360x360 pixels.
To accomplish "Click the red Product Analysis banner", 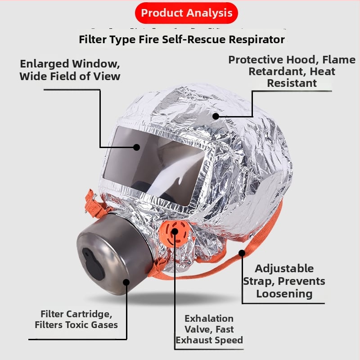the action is point(186,13).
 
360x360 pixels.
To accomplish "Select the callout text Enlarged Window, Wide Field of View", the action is point(70,70).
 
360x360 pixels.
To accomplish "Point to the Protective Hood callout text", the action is point(292,72).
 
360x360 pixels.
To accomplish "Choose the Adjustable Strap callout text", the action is point(284,281).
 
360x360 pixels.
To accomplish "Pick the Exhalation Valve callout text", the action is point(209,329).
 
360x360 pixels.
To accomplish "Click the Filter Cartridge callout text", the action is point(76,319).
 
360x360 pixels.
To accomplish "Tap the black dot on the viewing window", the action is point(137,147).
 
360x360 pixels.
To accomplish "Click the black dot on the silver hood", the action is point(216,117).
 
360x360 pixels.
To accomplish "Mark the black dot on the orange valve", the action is point(175,231).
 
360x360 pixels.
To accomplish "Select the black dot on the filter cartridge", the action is point(126,282).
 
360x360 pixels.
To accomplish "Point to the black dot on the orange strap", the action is point(242,253).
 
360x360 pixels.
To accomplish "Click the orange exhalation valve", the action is point(174,233).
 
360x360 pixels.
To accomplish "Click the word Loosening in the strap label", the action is point(284,294).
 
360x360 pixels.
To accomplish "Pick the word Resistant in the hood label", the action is point(292,83).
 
